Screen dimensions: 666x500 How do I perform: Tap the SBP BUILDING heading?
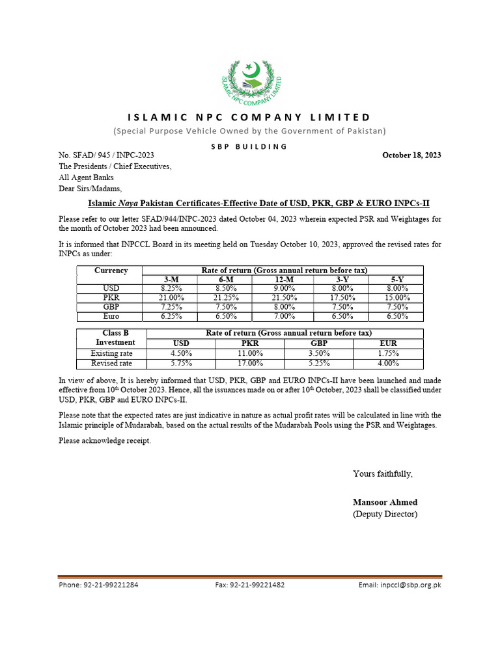(x=250, y=146)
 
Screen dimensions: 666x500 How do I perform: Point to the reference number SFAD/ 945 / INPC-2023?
(x=107, y=155)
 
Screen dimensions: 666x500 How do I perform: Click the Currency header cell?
(x=111, y=271)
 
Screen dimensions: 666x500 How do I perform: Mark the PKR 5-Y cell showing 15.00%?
(x=396, y=297)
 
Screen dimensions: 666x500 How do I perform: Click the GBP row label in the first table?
(x=111, y=307)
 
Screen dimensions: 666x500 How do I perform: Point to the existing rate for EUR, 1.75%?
(x=388, y=353)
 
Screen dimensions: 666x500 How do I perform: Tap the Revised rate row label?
(x=111, y=364)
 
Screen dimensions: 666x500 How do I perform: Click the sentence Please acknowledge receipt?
(x=104, y=441)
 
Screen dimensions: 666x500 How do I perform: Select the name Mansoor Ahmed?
(x=385, y=502)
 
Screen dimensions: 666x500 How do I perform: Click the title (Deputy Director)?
(x=385, y=514)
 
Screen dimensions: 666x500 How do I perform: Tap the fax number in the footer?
(x=249, y=585)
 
